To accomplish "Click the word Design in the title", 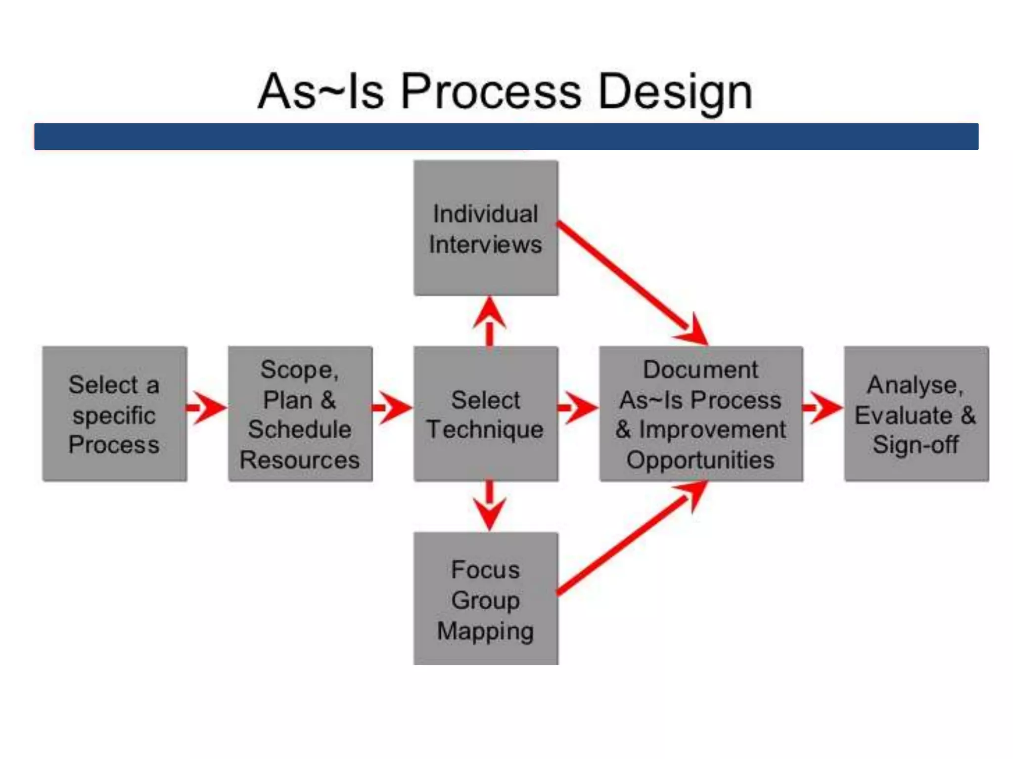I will pyautogui.click(x=675, y=92).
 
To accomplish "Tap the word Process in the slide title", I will pyautogui.click(x=491, y=92).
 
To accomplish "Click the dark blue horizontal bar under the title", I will pyautogui.click(x=506, y=136).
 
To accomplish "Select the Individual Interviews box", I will pyautogui.click(x=486, y=228).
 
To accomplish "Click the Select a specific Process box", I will pyautogui.click(x=114, y=414).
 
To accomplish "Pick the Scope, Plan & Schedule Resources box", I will pyautogui.click(x=300, y=414).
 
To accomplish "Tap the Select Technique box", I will pyautogui.click(x=486, y=414).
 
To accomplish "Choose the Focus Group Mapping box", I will pyautogui.click(x=486, y=599).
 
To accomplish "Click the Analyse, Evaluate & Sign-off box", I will pyautogui.click(x=916, y=414).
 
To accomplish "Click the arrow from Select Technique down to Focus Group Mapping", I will pyautogui.click(x=489, y=504).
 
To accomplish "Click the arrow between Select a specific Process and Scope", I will pyautogui.click(x=207, y=408).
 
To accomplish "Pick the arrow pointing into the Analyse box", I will pyautogui.click(x=823, y=408).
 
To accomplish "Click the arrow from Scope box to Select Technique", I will pyautogui.click(x=393, y=408).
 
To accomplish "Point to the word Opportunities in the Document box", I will pyautogui.click(x=700, y=460).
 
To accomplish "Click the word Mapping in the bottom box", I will pyautogui.click(x=486, y=631).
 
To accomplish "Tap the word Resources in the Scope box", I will pyautogui.click(x=300, y=460).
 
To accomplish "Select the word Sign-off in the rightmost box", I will pyautogui.click(x=916, y=444).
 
